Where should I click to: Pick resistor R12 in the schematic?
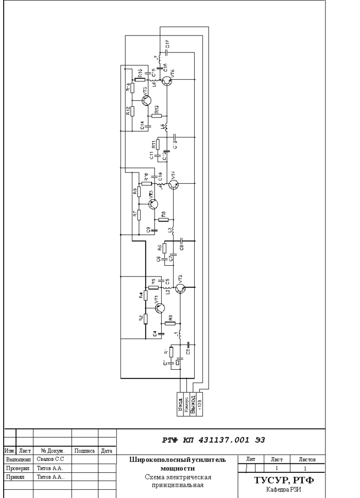(x=132, y=111)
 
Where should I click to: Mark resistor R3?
(x=170, y=324)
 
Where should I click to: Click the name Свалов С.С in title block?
(x=50, y=458)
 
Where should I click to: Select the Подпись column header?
(x=84, y=451)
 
